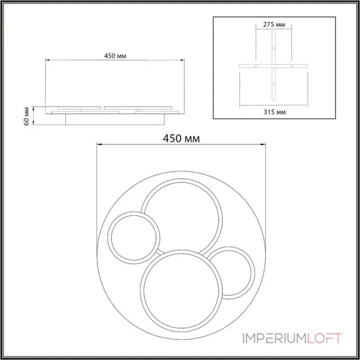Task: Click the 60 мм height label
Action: click(x=27, y=116)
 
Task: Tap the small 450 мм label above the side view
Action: click(x=114, y=56)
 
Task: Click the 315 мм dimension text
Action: click(x=274, y=111)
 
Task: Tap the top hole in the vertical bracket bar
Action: click(x=274, y=48)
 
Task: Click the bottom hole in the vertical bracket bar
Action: click(x=274, y=85)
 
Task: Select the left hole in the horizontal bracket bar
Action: click(x=256, y=67)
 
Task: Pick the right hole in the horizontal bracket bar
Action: click(x=292, y=67)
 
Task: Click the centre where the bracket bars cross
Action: click(x=274, y=67)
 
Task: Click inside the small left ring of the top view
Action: click(x=134, y=238)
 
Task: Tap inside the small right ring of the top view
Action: click(x=231, y=272)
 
